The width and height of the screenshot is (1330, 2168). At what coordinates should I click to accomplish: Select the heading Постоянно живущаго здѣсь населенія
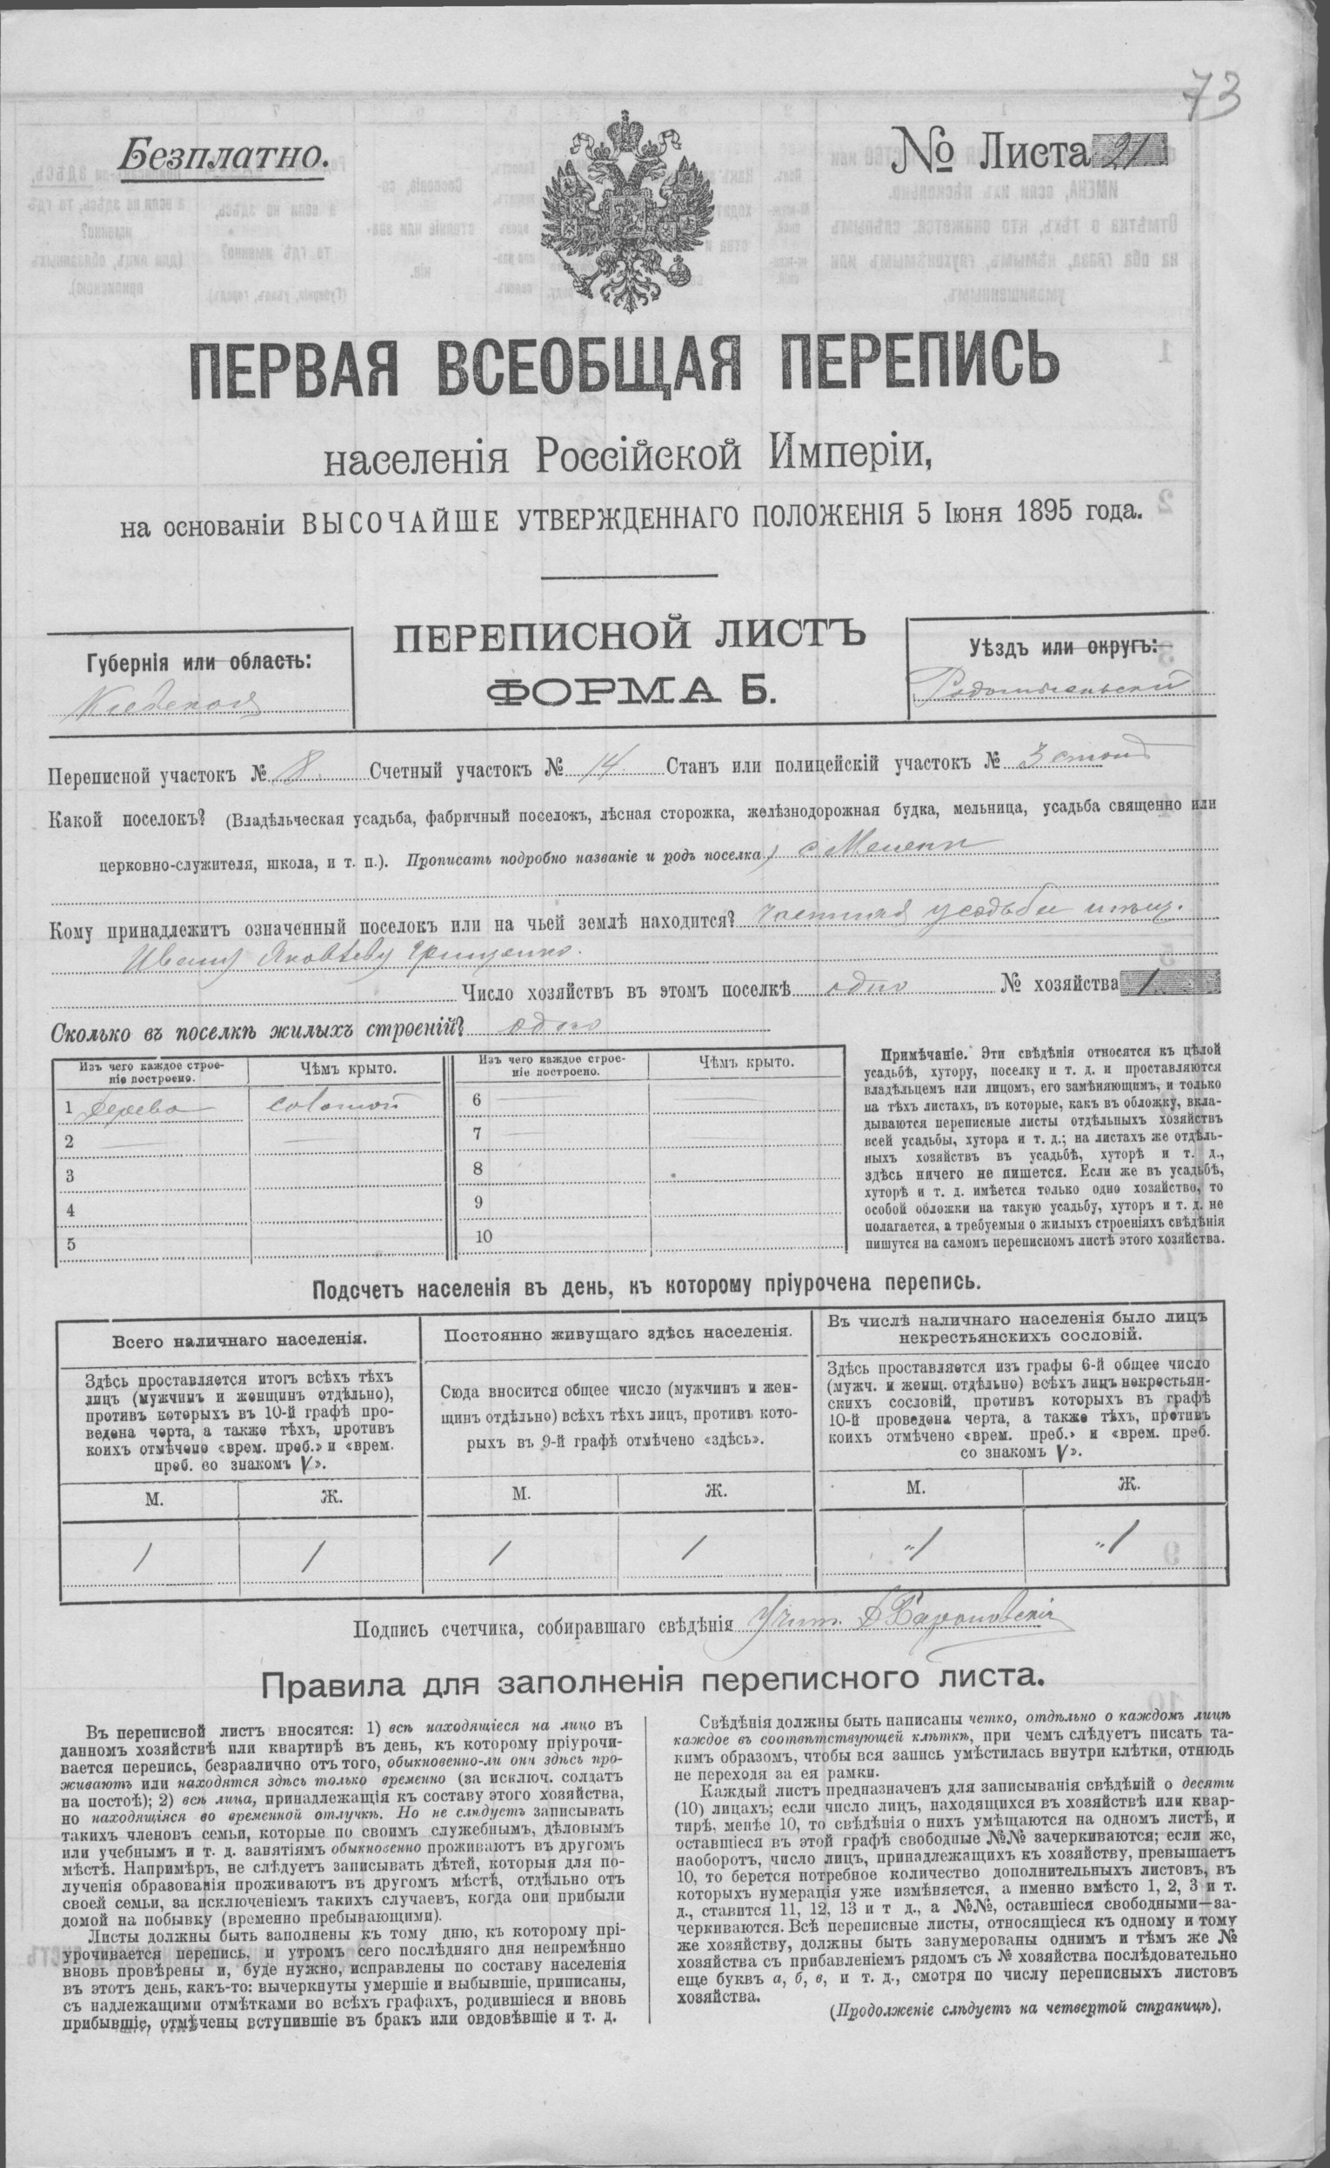[618, 1333]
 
